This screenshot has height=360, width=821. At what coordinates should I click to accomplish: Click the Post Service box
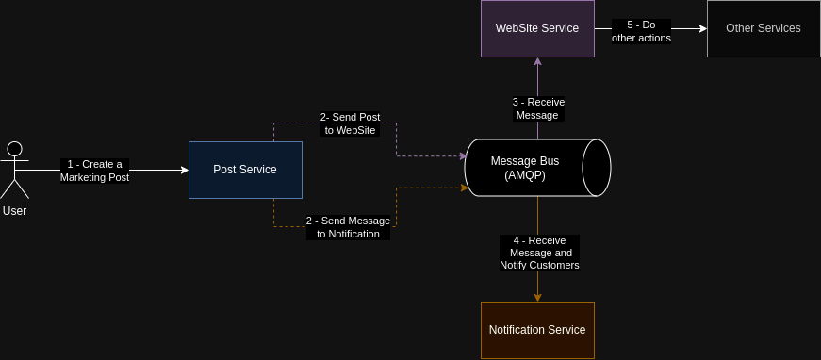pos(245,170)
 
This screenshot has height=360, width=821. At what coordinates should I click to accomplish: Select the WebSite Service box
pos(537,28)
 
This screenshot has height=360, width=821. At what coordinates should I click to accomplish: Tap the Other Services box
pos(763,28)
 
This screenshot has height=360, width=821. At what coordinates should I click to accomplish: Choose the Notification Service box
pos(537,330)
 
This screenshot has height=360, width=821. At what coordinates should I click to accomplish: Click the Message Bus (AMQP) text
pos(525,168)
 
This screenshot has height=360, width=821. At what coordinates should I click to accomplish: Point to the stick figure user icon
pos(14,170)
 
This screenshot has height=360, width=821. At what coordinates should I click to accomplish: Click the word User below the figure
pos(14,211)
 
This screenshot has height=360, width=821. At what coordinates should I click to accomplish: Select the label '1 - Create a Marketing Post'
pos(94,171)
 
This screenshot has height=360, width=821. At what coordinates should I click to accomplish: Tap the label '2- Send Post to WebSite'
pos(350,123)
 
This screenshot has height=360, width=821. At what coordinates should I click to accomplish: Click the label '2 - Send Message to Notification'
pos(348,227)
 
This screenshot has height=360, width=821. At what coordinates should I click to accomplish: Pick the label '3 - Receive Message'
pos(538,108)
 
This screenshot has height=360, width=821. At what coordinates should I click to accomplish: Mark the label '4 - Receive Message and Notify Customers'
pos(538,253)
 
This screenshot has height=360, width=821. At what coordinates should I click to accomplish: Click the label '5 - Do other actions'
pos(641,31)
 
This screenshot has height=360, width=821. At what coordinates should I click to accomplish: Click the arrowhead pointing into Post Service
pos(184,171)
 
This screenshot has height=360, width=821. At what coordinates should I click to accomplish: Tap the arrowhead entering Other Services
pos(702,28)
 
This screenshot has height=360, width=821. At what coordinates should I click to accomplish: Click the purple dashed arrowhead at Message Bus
pos(462,155)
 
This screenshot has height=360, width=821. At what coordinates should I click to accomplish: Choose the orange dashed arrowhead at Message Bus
pos(463,188)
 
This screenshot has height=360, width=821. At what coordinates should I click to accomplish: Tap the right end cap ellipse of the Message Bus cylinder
pos(596,168)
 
